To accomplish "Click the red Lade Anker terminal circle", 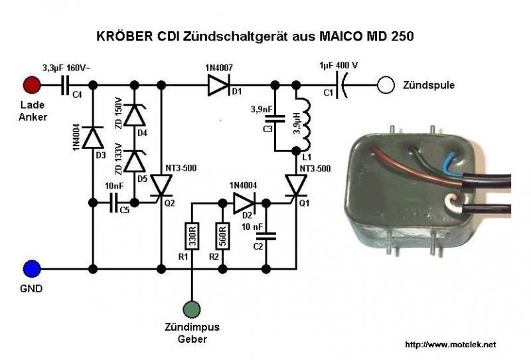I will pyautogui.click(x=31, y=86).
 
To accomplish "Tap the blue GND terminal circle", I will pyautogui.click(x=31, y=269).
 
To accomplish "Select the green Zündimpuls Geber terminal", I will pyautogui.click(x=191, y=309).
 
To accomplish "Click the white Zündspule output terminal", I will pyautogui.click(x=384, y=85).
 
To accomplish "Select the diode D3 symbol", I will pyautogui.click(x=94, y=138).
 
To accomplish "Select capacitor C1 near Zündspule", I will pyautogui.click(x=342, y=85).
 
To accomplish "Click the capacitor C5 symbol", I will pyautogui.click(x=114, y=202).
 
